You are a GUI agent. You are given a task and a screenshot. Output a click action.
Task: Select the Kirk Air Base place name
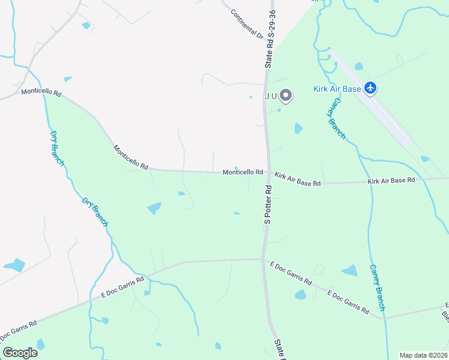point(337,89)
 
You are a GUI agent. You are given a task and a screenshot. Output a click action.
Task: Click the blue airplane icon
point(370,88)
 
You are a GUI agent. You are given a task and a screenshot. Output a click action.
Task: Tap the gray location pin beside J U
point(286,95)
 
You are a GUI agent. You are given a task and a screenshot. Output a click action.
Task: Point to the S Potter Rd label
point(268,205)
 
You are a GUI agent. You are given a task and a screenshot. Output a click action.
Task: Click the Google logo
point(20,352)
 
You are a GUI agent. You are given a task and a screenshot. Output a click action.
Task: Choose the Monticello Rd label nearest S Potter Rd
point(243,172)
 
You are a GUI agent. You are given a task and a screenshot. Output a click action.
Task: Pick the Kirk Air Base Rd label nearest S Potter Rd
point(298,179)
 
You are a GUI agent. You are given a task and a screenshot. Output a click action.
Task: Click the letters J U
point(270,95)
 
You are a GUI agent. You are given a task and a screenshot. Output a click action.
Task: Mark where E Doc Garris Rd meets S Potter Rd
point(262,259)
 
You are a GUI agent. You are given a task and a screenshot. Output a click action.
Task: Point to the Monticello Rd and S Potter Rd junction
point(264,173)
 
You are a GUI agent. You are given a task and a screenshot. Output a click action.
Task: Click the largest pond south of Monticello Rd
point(154,208)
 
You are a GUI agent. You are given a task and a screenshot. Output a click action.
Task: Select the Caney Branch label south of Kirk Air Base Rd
point(376,287)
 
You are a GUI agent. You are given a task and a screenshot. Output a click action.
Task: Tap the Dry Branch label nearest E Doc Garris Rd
point(95,212)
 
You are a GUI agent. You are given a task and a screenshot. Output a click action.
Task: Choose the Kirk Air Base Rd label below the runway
point(391,180)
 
